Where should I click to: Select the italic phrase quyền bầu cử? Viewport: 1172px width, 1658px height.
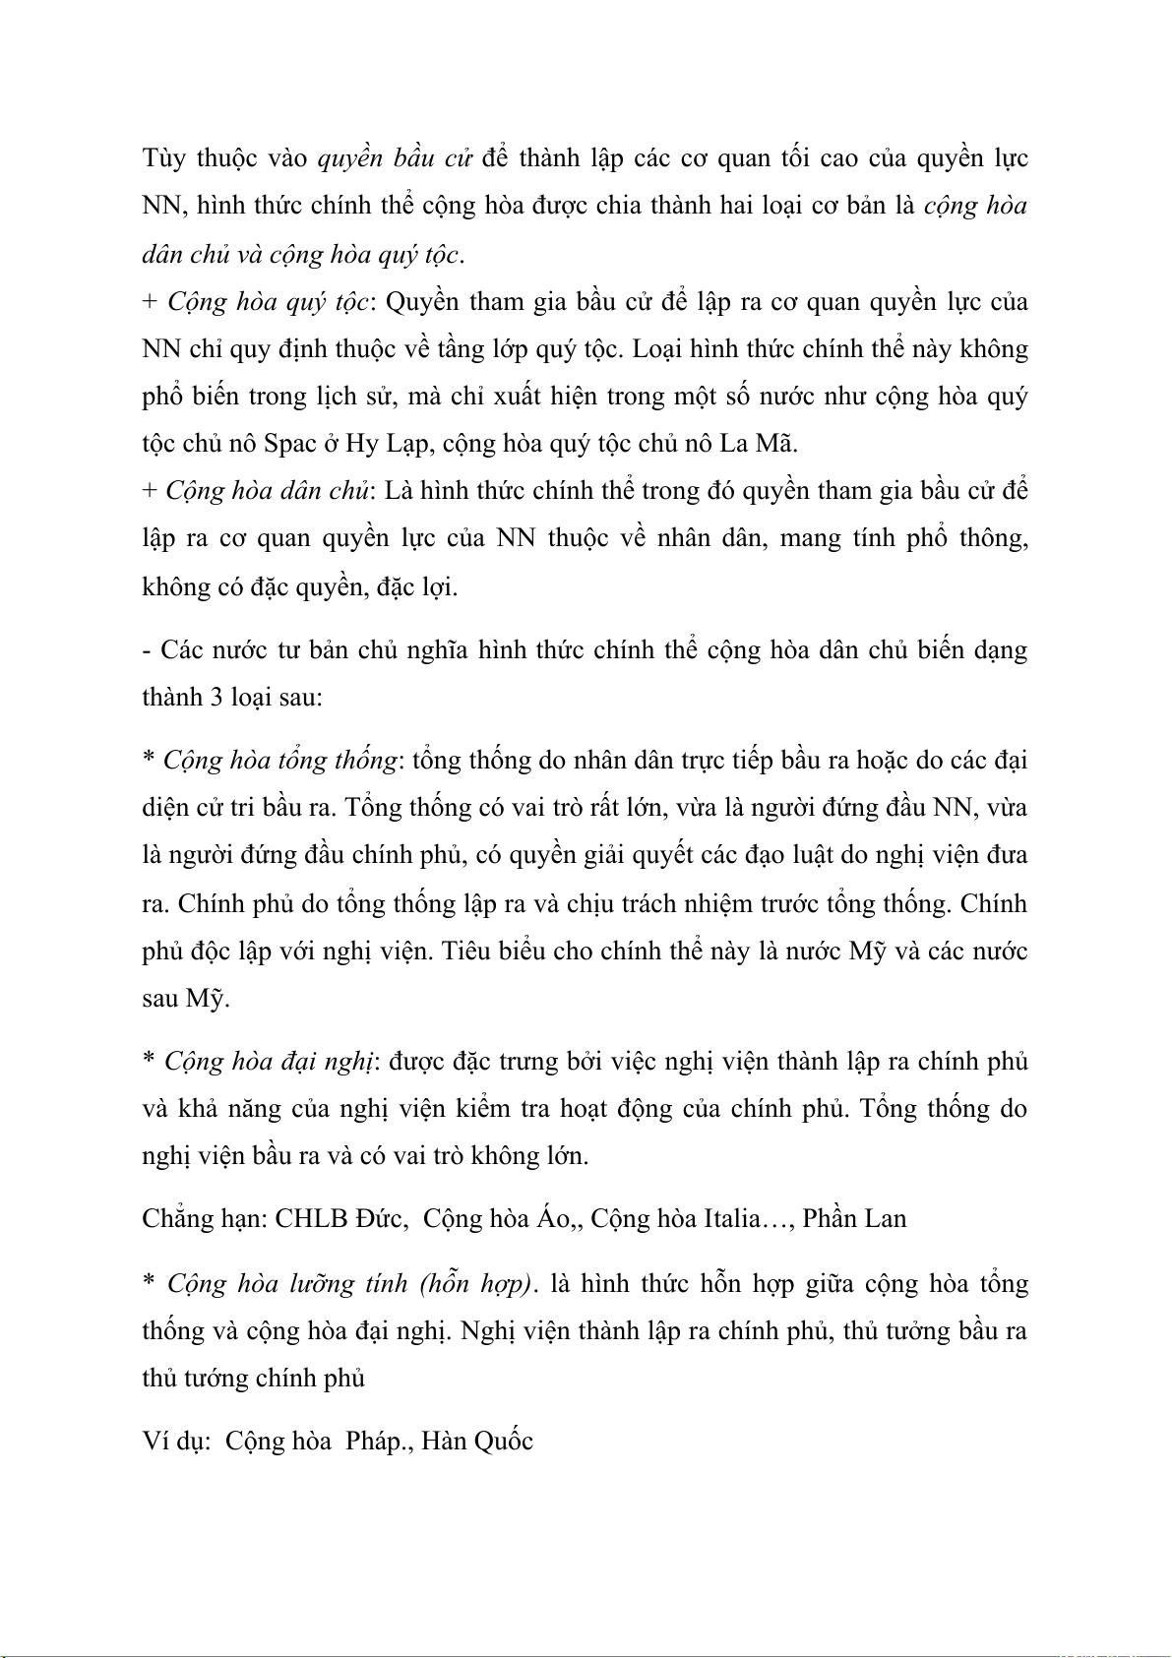[396, 158]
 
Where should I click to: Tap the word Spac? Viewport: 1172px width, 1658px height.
[289, 444]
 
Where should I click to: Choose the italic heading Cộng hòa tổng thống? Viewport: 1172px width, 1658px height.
[280, 761]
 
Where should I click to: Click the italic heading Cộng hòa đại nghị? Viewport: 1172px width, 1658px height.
[269, 1062]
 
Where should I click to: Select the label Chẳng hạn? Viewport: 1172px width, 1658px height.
[203, 1219]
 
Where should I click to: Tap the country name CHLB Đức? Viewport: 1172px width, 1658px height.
[340, 1219]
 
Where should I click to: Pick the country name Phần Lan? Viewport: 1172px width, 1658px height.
[854, 1219]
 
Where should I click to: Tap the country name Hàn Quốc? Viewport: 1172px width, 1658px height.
[477, 1442]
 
